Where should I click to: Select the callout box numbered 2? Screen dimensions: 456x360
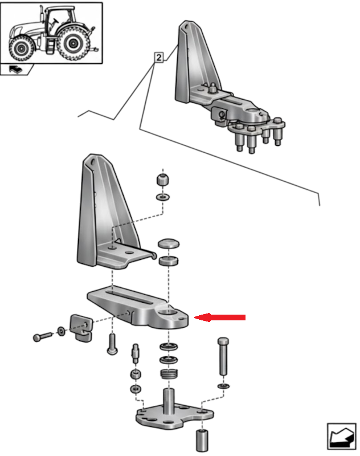click(158, 57)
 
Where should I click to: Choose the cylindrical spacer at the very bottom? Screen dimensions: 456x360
click(202, 439)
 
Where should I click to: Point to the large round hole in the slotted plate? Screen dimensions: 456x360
click(171, 312)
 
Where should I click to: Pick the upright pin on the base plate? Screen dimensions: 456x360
click(169, 401)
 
